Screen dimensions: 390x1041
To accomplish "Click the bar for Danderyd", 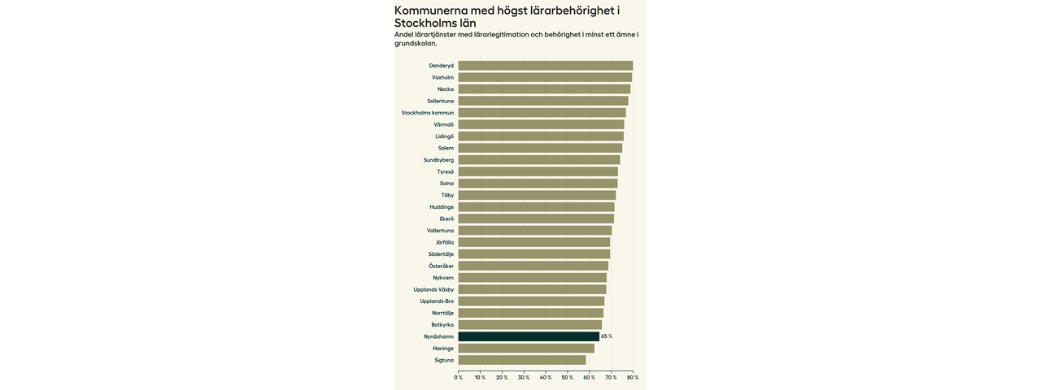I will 545,66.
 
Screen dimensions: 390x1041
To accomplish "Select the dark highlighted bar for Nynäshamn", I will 529,336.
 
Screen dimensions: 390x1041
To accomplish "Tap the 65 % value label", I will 607,336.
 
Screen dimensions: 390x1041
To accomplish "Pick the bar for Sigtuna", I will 521,360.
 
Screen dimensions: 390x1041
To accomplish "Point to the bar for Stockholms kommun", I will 542,113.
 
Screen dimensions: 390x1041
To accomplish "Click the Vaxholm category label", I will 442,78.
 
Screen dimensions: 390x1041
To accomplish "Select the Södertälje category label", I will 441,254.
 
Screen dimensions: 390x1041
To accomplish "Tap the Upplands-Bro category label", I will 437,301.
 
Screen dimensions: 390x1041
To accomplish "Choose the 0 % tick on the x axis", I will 459,377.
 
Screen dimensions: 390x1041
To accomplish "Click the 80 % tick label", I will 633,377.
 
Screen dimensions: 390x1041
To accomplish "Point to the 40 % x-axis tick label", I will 546,377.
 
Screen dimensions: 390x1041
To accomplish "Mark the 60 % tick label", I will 589,377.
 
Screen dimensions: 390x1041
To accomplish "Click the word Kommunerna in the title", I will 430,11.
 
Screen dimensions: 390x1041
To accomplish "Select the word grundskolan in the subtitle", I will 415,43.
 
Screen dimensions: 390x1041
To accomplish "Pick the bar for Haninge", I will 526,349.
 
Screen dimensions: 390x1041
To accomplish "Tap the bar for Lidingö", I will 541,136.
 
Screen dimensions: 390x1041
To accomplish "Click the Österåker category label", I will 441,266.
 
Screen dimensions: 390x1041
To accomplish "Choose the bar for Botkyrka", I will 530,325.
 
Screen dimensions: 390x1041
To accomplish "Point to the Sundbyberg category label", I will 438,160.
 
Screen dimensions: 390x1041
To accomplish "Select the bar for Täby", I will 537,195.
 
